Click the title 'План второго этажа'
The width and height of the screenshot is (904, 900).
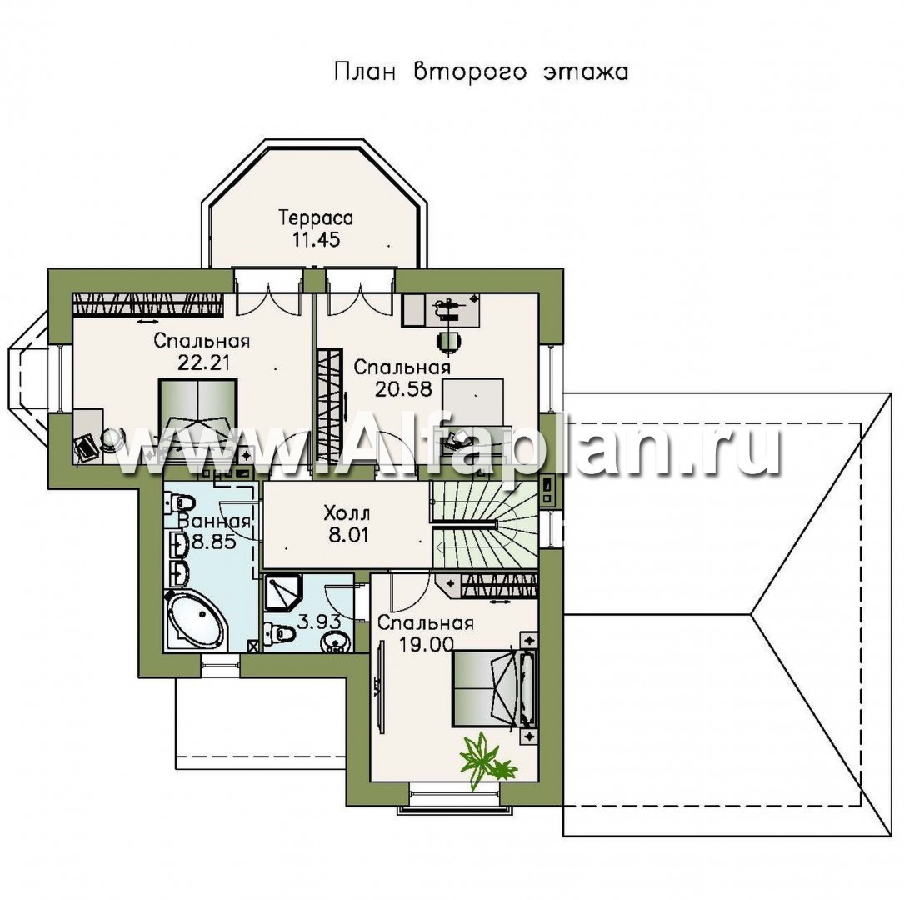[481, 72]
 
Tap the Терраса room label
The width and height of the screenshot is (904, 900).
[316, 218]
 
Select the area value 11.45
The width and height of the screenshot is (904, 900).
[316, 239]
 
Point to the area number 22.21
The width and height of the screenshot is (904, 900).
[203, 362]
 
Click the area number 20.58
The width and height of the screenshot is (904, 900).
[403, 389]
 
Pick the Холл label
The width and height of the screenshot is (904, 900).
[347, 512]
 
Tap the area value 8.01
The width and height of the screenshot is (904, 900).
[348, 535]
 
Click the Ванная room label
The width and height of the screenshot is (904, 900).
[215, 522]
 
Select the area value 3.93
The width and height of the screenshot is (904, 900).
[319, 622]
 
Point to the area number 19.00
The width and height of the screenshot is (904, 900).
[427, 644]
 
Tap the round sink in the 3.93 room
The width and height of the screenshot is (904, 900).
[334, 641]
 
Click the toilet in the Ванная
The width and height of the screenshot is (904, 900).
[181, 502]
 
